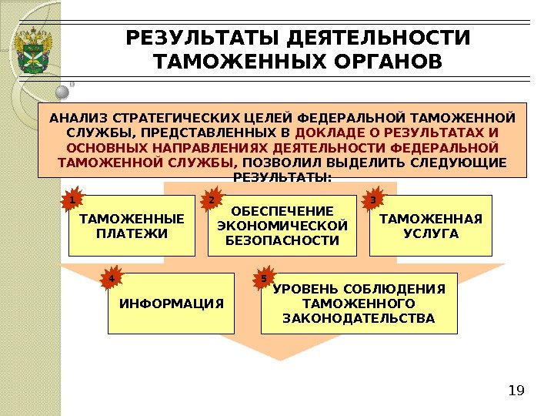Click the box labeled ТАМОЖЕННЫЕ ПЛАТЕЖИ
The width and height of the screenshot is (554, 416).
point(132,226)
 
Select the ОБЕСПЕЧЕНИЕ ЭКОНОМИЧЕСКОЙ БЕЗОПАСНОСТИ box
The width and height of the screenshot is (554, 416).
point(282,225)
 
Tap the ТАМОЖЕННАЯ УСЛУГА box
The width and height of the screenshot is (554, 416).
point(430,225)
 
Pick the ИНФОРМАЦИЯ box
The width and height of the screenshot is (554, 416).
point(172,303)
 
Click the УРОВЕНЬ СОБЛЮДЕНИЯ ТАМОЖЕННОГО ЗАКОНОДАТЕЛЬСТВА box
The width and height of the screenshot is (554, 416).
point(359,303)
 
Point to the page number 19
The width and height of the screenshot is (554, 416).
point(516,391)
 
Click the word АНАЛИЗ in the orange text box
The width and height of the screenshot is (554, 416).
point(78,119)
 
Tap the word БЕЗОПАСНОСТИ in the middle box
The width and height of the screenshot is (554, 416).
point(282,240)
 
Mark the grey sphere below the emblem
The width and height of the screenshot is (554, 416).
point(63,92)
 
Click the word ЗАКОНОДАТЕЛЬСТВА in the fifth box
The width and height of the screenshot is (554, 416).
point(359,317)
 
